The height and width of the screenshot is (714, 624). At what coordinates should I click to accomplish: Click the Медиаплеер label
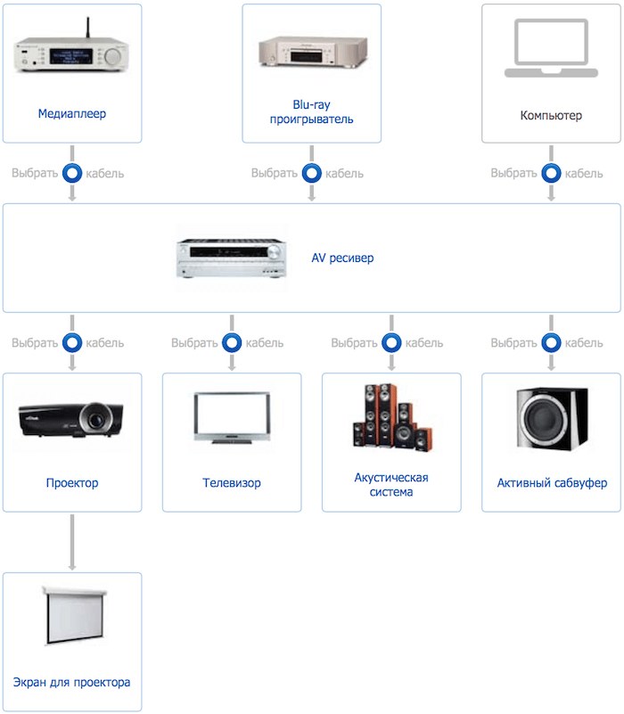[72, 114]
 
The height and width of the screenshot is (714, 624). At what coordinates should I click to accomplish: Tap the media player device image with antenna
[72, 53]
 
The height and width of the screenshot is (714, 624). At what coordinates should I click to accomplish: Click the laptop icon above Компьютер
[550, 49]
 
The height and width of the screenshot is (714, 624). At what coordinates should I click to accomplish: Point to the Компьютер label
[551, 116]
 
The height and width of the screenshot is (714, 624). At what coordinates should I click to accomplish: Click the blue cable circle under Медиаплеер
[72, 173]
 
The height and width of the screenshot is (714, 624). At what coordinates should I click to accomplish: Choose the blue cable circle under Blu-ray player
[311, 173]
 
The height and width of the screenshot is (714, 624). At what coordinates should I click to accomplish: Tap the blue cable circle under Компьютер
[551, 173]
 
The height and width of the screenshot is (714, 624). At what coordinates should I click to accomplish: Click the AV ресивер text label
[342, 259]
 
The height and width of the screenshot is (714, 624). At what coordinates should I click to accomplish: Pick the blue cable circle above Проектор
[72, 342]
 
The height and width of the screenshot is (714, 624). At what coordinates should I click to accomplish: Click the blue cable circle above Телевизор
[232, 342]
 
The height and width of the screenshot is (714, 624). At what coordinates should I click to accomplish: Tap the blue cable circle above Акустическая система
[391, 342]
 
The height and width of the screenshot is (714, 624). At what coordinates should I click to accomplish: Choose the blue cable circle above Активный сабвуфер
[551, 342]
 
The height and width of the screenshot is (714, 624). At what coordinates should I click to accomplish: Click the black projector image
[72, 418]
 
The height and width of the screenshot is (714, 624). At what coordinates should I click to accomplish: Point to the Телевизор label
[232, 483]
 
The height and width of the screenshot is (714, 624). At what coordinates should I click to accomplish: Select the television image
[232, 418]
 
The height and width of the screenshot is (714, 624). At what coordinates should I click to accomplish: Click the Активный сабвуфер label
[552, 483]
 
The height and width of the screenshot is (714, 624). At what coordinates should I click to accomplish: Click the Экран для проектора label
[72, 682]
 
